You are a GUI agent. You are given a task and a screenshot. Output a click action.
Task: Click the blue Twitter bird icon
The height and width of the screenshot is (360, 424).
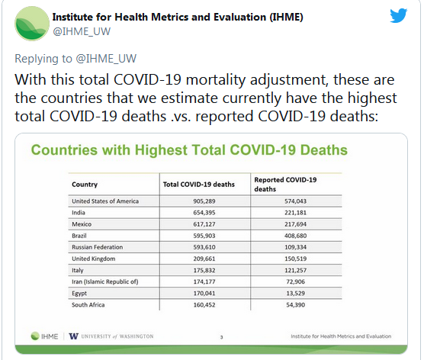click(x=398, y=15)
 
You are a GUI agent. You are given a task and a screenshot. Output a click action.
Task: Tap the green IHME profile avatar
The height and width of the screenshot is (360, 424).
click(x=32, y=24)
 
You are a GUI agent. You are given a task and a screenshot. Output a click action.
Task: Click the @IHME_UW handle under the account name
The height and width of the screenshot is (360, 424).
click(x=82, y=31)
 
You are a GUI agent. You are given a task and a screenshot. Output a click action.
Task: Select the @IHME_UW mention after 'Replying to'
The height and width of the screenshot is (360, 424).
click(x=106, y=59)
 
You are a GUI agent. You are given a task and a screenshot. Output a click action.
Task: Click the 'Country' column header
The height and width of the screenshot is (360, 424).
click(x=85, y=185)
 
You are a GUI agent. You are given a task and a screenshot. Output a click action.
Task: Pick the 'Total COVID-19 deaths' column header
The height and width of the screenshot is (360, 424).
click(x=199, y=185)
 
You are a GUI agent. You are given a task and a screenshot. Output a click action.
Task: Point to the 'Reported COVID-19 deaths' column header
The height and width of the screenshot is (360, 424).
click(x=285, y=185)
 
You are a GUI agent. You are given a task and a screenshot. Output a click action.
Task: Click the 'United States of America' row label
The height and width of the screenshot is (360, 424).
click(x=105, y=201)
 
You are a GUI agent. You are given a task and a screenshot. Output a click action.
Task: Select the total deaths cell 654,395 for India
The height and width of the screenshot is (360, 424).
click(x=204, y=213)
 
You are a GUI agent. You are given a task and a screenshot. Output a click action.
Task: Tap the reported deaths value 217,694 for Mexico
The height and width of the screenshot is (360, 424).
click(x=295, y=224)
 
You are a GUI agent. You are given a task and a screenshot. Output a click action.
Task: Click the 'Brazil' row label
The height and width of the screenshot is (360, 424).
click(x=79, y=236)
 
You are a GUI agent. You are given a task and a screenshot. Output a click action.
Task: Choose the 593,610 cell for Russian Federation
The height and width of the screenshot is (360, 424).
click(x=204, y=247)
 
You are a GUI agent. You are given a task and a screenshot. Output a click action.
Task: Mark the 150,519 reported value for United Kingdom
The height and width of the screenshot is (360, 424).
click(x=295, y=259)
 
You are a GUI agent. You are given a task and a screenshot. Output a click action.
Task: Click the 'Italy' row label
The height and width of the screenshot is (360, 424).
click(x=78, y=270)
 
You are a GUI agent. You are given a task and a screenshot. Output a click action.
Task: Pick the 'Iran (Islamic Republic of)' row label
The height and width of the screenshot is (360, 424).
click(x=105, y=282)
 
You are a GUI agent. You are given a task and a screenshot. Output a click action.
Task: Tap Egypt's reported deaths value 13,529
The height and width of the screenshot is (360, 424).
click(x=295, y=293)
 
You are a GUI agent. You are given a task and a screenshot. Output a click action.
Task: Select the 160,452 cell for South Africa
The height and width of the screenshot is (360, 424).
click(x=204, y=305)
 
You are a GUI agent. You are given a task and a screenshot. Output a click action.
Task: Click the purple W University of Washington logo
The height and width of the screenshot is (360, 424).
click(x=73, y=336)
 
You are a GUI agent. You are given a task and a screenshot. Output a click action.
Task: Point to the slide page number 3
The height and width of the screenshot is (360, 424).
click(x=221, y=337)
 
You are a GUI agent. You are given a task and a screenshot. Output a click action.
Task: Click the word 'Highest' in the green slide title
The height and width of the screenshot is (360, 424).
click(x=161, y=150)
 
